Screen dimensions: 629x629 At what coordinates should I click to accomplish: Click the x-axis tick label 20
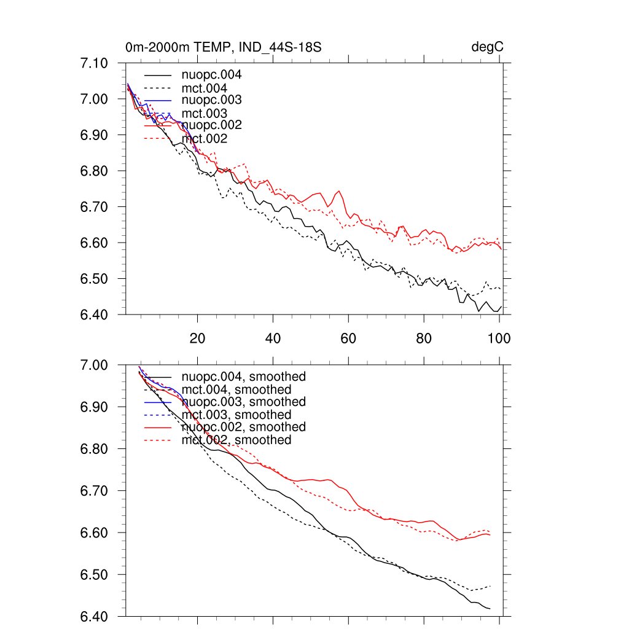click(x=197, y=338)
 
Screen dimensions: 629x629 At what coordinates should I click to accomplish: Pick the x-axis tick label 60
click(x=348, y=338)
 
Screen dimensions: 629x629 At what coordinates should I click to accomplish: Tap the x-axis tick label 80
click(x=424, y=338)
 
